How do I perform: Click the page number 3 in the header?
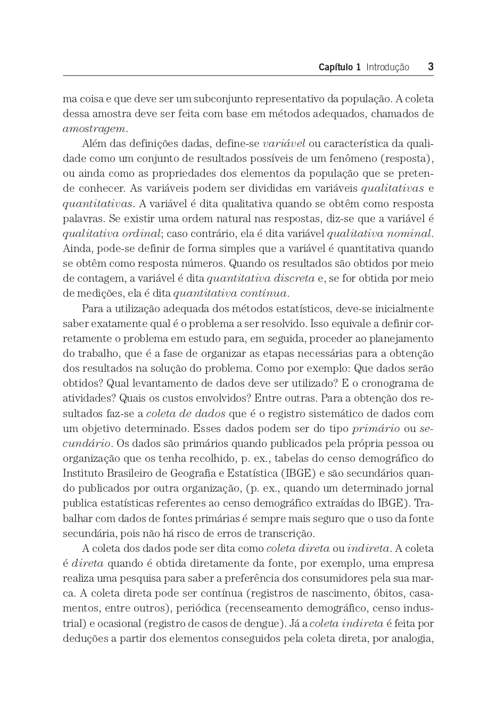click(x=430, y=67)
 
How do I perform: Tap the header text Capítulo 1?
click(x=339, y=67)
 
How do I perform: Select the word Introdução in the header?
click(x=387, y=67)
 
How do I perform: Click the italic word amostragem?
click(x=95, y=129)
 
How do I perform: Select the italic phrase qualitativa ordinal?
click(x=111, y=234)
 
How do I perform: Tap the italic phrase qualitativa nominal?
click(x=379, y=234)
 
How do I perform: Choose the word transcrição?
click(x=286, y=533)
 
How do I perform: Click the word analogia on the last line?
click(x=411, y=638)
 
